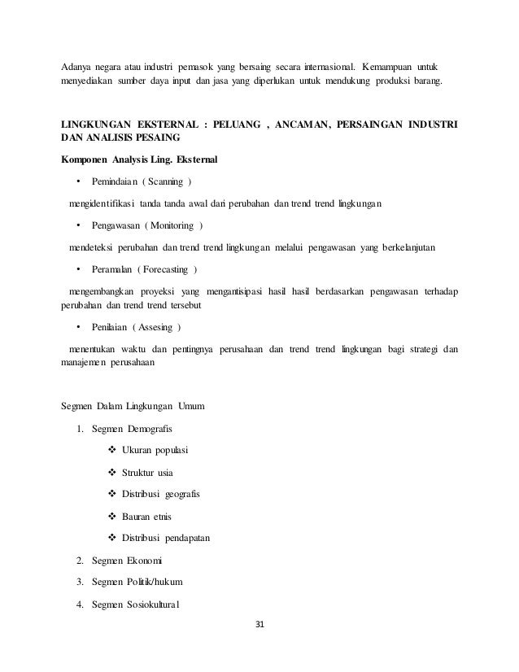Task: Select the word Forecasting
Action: point(169,269)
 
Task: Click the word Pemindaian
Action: point(115,180)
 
